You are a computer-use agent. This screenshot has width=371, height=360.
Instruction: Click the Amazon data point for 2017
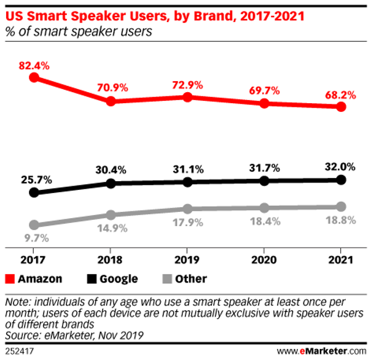(x=34, y=77)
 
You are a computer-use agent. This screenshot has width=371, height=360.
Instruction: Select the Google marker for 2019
(x=188, y=182)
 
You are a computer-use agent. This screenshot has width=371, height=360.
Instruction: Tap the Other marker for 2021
(x=342, y=206)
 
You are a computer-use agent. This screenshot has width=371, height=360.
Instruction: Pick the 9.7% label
(x=34, y=238)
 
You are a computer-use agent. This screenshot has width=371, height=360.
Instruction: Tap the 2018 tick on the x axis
(x=111, y=257)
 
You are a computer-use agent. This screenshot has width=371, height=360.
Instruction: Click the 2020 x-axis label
(x=265, y=257)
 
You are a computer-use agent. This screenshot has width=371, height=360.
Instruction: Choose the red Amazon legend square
(x=10, y=279)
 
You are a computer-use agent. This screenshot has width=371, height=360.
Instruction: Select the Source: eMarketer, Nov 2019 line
(x=73, y=335)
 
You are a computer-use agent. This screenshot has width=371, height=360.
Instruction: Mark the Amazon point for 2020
(x=265, y=103)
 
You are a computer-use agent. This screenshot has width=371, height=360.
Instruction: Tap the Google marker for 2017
(x=34, y=193)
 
